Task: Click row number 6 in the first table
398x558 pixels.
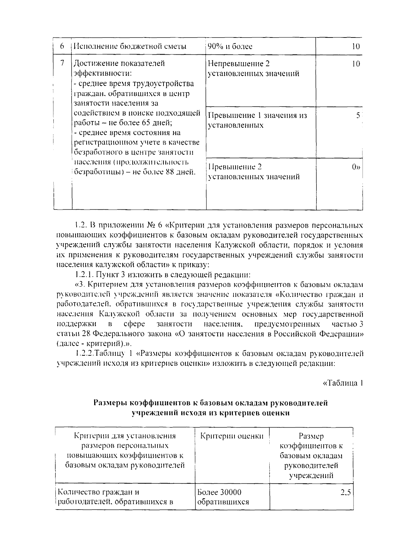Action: click(x=62, y=46)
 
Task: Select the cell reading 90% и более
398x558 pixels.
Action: click(x=230, y=46)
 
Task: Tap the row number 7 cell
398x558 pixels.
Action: click(x=62, y=63)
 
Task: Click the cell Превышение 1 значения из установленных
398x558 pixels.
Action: click(x=257, y=120)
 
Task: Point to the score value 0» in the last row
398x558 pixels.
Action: click(x=356, y=167)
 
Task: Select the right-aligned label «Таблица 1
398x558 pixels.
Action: click(x=343, y=383)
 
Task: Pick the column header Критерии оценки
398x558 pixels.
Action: click(x=232, y=436)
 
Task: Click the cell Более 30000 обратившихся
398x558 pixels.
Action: click(x=223, y=497)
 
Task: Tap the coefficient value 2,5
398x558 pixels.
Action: click(x=345, y=493)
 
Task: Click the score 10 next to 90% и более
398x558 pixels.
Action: click(x=355, y=46)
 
